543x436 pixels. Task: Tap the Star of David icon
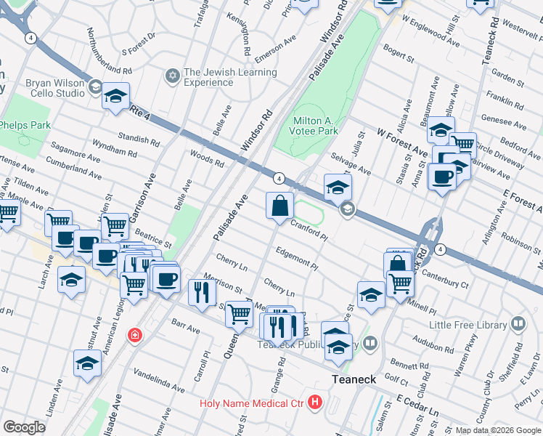click(172, 76)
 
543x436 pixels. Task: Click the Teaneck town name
click(354, 379)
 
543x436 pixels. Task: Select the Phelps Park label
click(25, 125)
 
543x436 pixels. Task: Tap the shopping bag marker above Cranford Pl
click(280, 207)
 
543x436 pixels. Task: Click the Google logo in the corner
click(25, 427)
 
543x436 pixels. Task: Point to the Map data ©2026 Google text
click(497, 430)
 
